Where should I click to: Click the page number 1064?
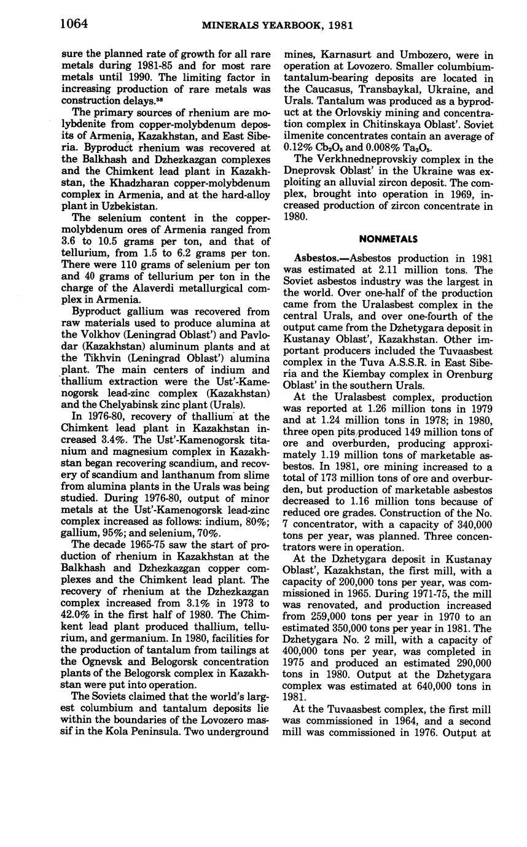(74, 23)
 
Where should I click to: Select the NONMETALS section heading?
(388, 239)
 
